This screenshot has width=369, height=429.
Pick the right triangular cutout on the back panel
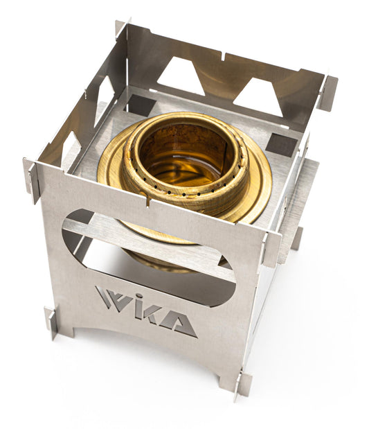pyautogui.click(x=258, y=98)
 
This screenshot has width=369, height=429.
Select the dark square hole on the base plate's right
pyautogui.click(x=281, y=145)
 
